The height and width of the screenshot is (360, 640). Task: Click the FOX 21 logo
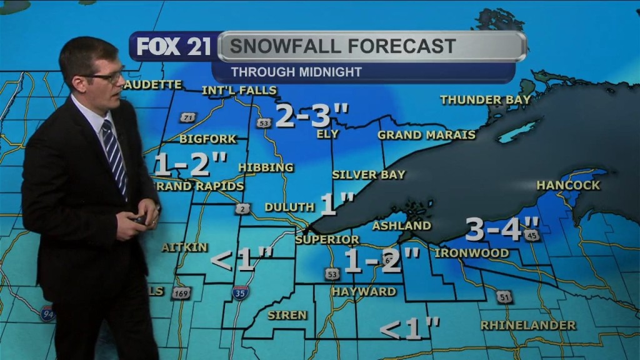coord(174,46)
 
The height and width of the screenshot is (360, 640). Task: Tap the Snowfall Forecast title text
coord(342,46)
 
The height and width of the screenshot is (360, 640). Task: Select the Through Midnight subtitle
coord(296,72)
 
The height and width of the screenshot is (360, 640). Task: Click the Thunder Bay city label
coord(485,99)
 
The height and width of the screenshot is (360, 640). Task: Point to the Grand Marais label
coord(426,135)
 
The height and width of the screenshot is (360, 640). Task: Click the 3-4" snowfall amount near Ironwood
coord(502,229)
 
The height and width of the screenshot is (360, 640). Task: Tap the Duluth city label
coord(289,207)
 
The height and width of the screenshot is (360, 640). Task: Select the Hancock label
coord(568,185)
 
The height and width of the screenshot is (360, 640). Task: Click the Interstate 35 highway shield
coord(241,292)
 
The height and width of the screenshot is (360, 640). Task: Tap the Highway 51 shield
coord(504,296)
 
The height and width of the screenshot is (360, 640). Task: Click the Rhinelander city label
coord(528,326)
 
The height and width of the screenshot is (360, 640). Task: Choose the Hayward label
coord(364,292)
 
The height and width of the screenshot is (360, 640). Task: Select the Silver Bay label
coord(369,175)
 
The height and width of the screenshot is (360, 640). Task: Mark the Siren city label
coord(287,315)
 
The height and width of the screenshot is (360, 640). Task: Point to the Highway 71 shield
coord(187,117)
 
